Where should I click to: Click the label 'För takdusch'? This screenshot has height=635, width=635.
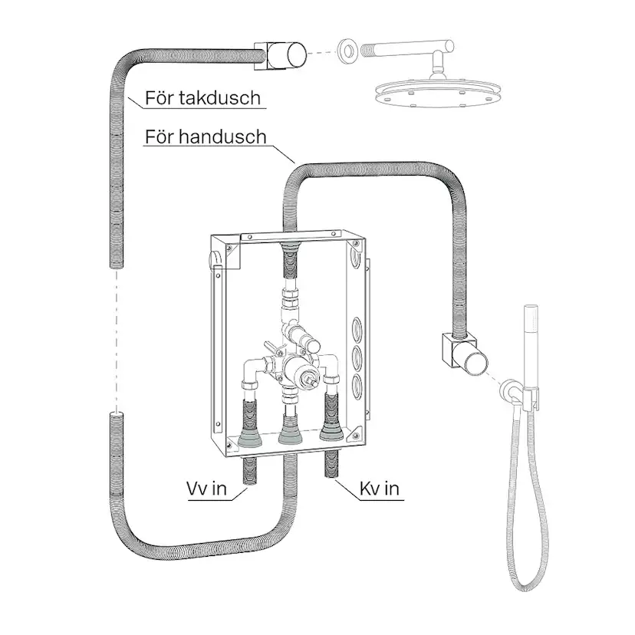point(202,98)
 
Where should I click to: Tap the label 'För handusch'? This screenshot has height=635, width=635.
point(206,137)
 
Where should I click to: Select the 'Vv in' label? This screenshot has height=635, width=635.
point(206,489)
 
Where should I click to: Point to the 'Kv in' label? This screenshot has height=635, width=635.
point(380,489)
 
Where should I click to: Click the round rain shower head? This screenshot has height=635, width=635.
point(436,94)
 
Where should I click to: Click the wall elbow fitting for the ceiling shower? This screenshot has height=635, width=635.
point(279,55)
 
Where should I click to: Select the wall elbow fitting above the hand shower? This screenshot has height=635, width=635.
point(464,352)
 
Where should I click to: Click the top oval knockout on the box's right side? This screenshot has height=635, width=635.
point(357,328)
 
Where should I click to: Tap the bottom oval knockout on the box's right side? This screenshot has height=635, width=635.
point(357,386)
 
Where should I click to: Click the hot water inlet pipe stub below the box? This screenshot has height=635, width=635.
point(248,471)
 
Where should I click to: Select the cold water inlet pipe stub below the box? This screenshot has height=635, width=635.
point(331,466)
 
